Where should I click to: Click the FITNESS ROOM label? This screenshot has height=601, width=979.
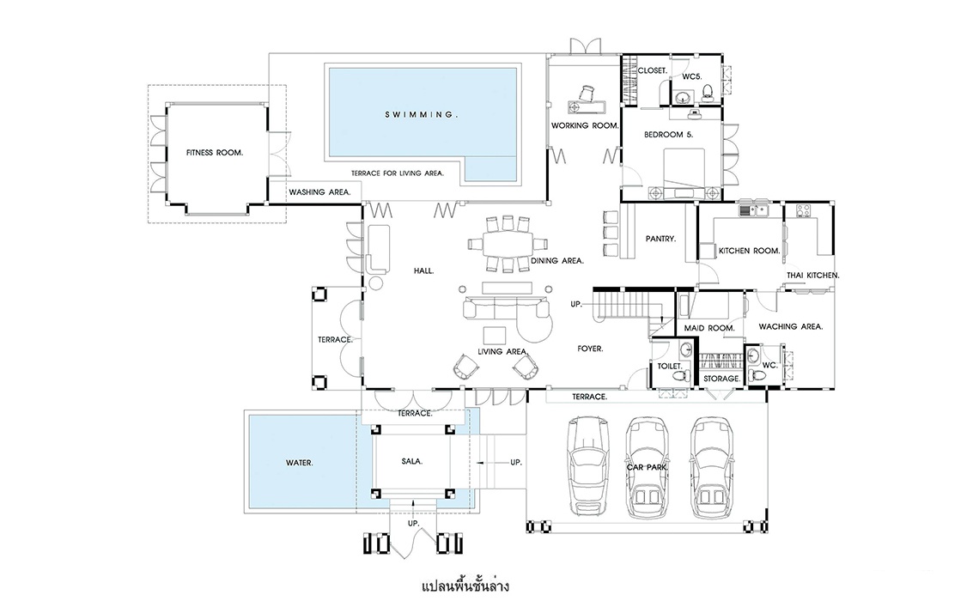tap(214, 152)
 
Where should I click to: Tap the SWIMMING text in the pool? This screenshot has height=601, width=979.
tap(422, 115)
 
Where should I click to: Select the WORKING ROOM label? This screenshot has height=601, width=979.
tap(585, 125)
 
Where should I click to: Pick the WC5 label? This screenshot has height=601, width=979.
tap(692, 76)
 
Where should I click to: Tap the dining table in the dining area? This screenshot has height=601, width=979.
tap(507, 244)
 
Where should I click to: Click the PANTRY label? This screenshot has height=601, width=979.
tap(660, 239)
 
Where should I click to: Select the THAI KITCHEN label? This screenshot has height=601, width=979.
tap(813, 276)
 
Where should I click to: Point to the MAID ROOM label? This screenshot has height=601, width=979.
tap(709, 328)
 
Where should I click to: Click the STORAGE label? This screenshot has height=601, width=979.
tap(721, 378)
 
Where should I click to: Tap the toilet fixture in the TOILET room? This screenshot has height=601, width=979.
tap(685, 377)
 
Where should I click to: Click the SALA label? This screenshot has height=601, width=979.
tap(412, 461)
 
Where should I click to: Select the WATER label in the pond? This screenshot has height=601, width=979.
tap(299, 463)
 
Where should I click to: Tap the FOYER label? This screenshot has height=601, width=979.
tap(590, 349)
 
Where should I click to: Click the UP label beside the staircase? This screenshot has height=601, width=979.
tap(576, 305)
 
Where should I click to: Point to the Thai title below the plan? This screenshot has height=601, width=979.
tap(465, 586)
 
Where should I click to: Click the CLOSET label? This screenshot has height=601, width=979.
tap(653, 70)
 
